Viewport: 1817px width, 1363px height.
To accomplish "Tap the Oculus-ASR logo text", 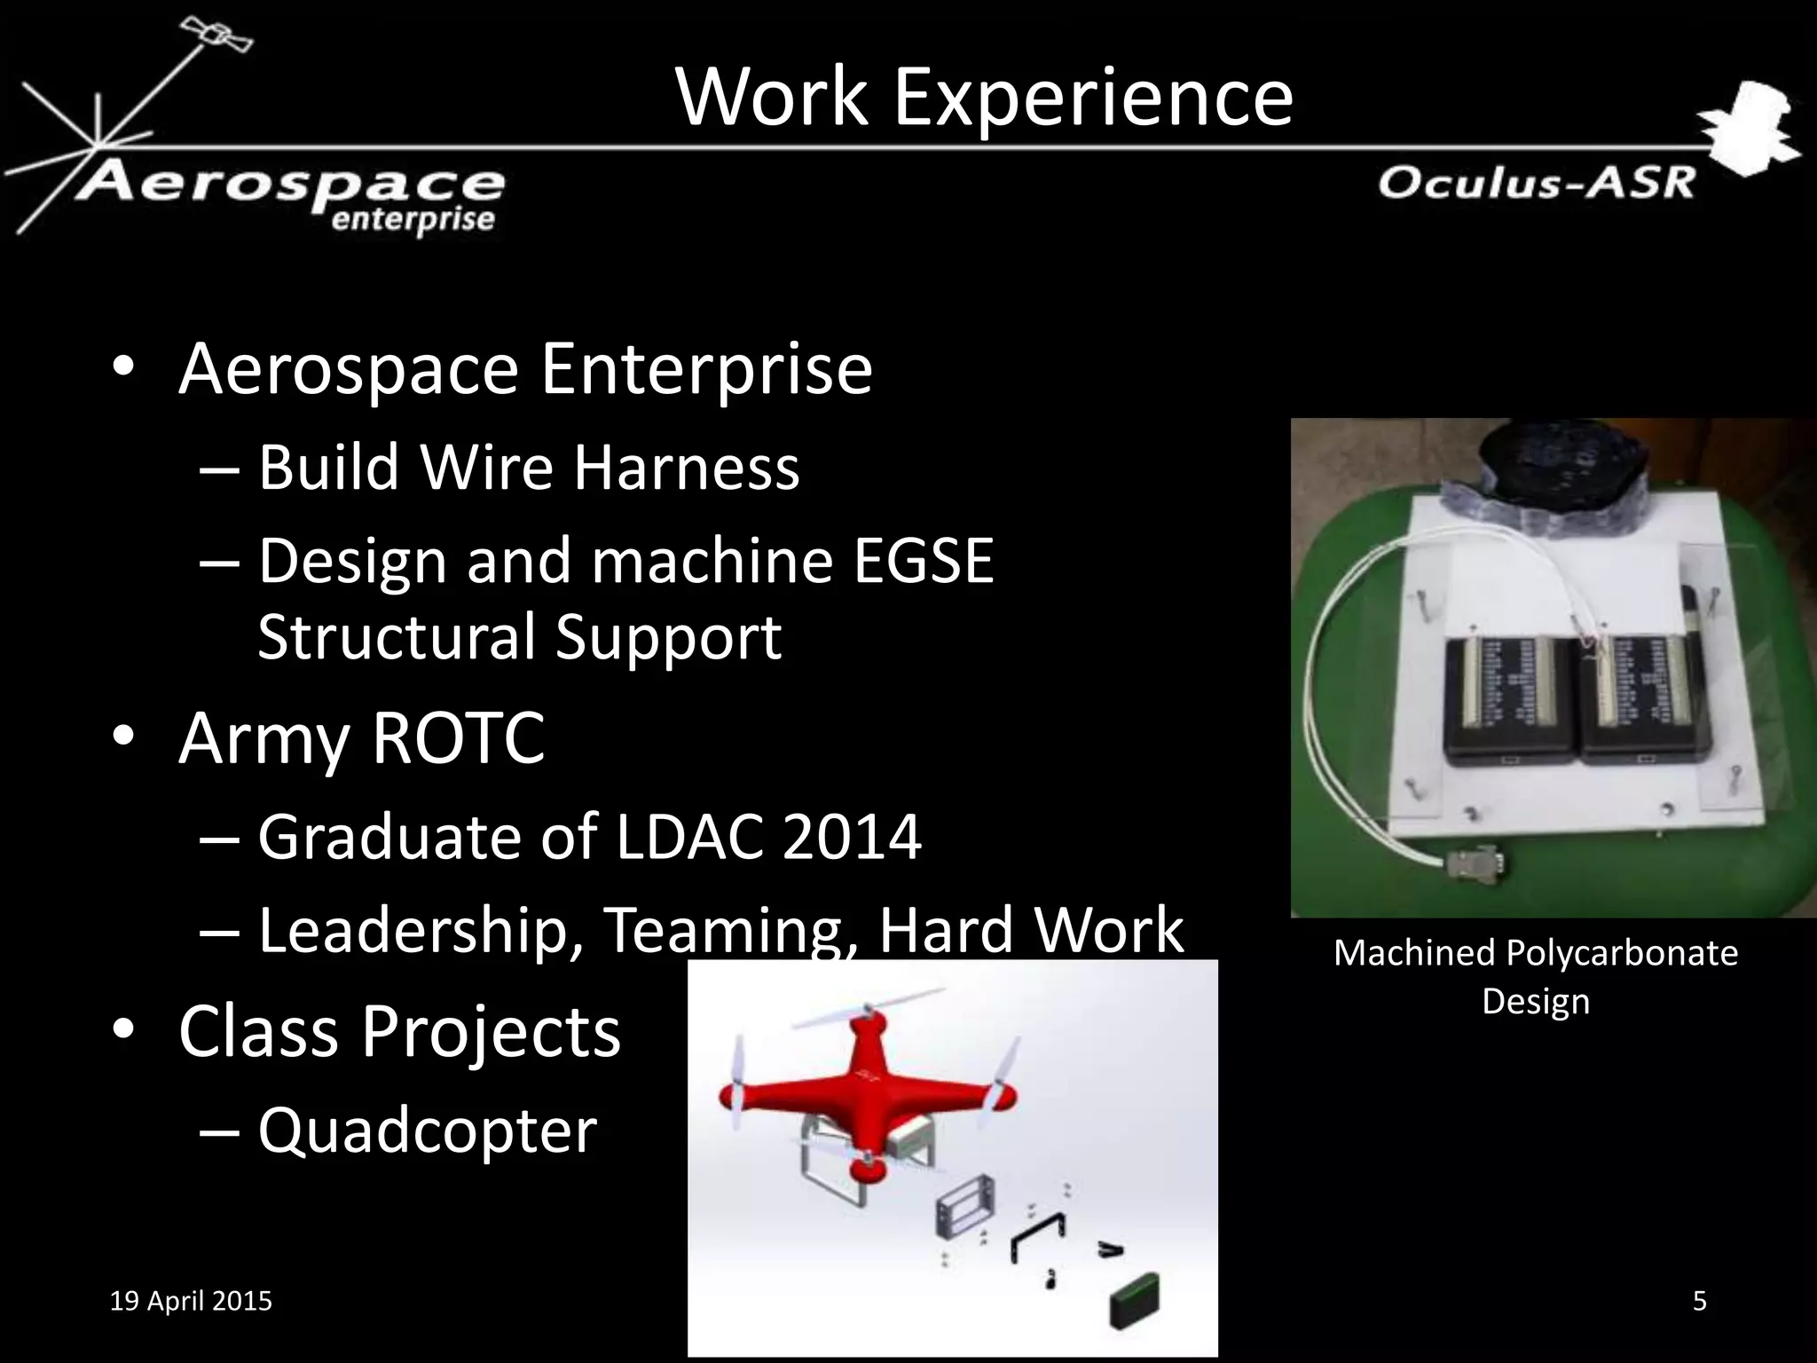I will [1536, 184].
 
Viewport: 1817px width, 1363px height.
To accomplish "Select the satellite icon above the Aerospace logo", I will [216, 35].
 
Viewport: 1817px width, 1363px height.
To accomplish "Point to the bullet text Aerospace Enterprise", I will [525, 369].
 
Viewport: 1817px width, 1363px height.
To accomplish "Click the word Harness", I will [686, 468].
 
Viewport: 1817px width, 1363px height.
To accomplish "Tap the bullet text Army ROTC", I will [361, 738].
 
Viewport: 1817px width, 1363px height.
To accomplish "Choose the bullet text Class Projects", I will [399, 1032].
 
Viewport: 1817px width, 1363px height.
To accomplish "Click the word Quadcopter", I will [428, 1131].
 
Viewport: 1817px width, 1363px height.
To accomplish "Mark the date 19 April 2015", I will [191, 1301].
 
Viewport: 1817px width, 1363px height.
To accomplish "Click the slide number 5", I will [1699, 1301].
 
